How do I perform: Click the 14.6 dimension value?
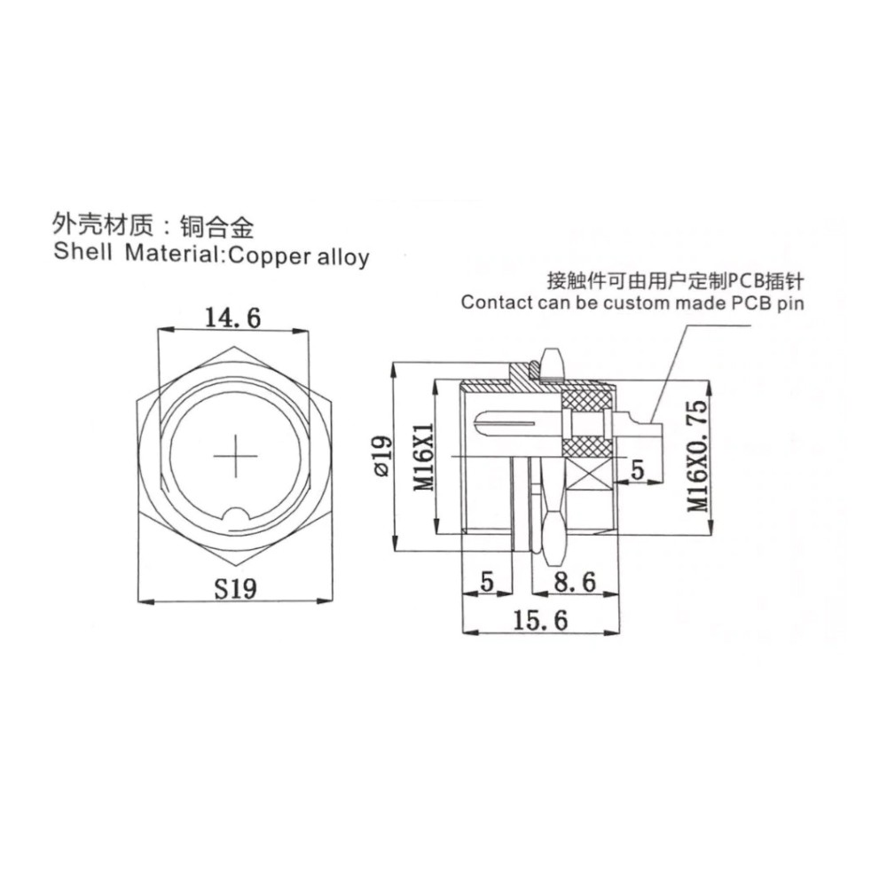232,318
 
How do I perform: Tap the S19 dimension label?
235,588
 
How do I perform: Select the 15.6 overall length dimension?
540,621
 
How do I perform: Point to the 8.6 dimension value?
575,582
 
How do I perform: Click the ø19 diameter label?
381,456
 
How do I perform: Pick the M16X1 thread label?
423,457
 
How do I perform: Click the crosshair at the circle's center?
235,456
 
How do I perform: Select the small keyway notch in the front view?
235,516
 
